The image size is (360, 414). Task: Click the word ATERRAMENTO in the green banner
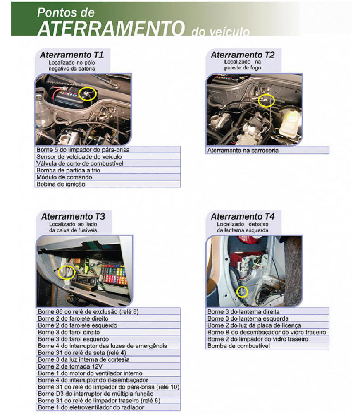111,28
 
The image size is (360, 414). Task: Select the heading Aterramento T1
72,55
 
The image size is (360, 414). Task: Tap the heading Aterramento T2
243,55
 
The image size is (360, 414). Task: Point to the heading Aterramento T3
73,216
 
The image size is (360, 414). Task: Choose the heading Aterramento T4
243,216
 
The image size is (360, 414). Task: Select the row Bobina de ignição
107,184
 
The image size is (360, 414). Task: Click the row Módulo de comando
107,177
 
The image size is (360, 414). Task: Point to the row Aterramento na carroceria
267,150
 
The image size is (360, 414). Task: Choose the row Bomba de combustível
267,346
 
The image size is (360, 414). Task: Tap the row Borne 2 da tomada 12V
108,366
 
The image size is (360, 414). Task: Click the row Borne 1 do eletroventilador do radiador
108,407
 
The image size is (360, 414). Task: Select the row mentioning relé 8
108,311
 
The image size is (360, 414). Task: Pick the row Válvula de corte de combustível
107,163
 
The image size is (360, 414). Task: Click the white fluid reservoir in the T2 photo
290,123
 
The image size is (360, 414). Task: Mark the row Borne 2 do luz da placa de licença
267,325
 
